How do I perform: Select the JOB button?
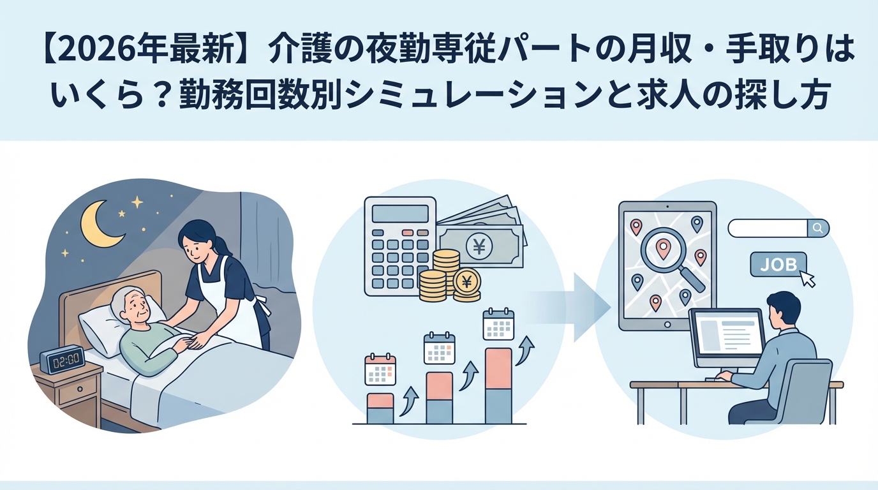pyautogui.click(x=778, y=265)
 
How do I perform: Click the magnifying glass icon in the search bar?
pyautogui.click(x=817, y=228)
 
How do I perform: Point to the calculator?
pyautogui.click(x=400, y=246)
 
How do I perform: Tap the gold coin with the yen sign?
pyautogui.click(x=467, y=281)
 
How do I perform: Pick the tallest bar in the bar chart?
pyautogui.click(x=498, y=386)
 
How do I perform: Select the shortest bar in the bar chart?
pyautogui.click(x=380, y=408)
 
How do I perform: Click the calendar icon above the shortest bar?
pyautogui.click(x=380, y=369)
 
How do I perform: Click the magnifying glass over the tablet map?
pyautogui.click(x=671, y=260)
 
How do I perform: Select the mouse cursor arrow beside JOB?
pyautogui.click(x=806, y=278)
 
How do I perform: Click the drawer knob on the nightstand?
pyautogui.click(x=80, y=389)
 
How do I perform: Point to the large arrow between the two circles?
pyautogui.click(x=569, y=308)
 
